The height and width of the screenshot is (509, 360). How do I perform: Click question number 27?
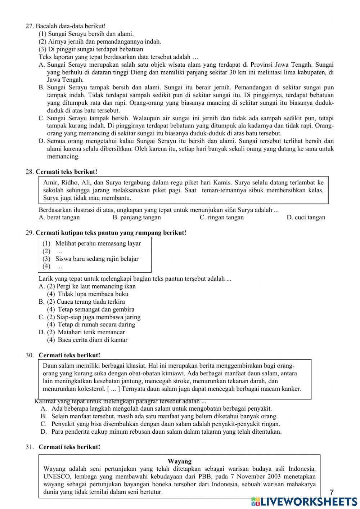pyautogui.click(x=30, y=26)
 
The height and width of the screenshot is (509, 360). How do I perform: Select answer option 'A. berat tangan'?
pyautogui.click(x=59, y=217)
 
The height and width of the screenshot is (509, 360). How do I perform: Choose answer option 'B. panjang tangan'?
pyautogui.click(x=136, y=217)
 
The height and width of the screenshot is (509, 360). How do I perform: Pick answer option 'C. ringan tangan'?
pyautogui.click(x=221, y=217)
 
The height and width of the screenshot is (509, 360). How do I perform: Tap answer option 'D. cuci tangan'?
pyautogui.click(x=306, y=217)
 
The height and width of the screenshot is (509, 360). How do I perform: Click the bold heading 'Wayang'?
pyautogui.click(x=180, y=461)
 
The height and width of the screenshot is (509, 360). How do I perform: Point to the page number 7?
pyautogui.click(x=332, y=492)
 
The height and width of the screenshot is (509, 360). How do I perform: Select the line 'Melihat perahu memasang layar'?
pyautogui.click(x=98, y=244)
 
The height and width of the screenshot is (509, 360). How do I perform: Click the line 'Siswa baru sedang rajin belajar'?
pyautogui.click(x=96, y=259)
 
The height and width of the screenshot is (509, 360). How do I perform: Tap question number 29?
pyautogui.click(x=30, y=233)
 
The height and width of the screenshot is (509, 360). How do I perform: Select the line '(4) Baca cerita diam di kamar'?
pyautogui.click(x=87, y=340)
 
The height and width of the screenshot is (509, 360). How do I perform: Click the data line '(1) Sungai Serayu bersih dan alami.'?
pyautogui.click(x=86, y=34)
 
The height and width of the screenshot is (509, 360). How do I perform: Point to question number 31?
pyautogui.click(x=30, y=447)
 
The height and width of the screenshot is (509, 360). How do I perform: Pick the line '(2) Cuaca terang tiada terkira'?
pyautogui.click(x=86, y=302)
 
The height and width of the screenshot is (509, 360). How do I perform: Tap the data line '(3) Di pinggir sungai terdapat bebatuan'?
pyautogui.click(x=91, y=49)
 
